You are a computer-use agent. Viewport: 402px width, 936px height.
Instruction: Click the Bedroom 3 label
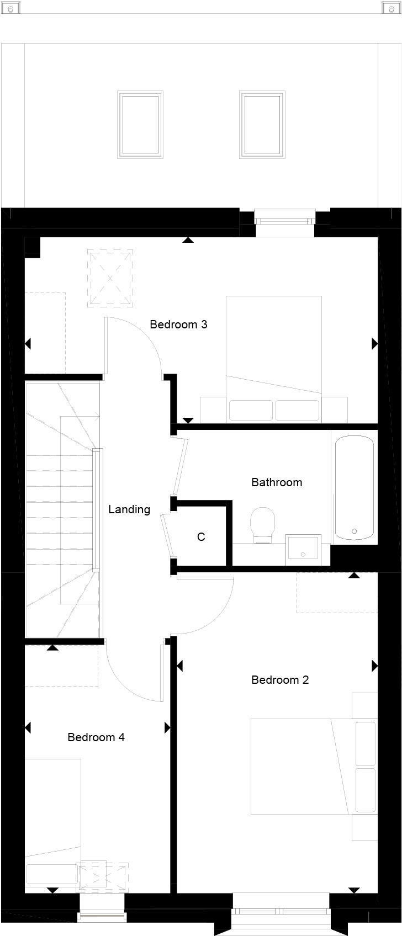coord(178,325)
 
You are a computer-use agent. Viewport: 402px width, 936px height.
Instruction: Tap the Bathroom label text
coord(277,482)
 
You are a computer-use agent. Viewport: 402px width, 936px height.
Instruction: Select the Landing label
coord(129,509)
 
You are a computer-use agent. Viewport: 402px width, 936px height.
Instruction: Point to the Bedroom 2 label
coord(280,680)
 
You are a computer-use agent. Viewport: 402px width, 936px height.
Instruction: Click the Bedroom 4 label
coord(96,737)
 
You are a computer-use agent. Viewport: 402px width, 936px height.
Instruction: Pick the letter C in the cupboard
coord(201,537)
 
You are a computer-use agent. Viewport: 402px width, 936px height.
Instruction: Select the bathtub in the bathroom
coord(354,487)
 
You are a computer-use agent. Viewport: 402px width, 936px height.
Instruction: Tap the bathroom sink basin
coord(303,549)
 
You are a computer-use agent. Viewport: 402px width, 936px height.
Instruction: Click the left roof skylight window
coord(140,125)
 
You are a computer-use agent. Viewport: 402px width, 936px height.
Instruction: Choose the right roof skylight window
coord(262,125)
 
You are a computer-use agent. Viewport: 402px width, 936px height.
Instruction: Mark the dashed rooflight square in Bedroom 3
coord(110,278)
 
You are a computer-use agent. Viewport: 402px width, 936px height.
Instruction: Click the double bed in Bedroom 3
coord(274,359)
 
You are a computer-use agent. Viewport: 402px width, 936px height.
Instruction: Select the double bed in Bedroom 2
coord(314,766)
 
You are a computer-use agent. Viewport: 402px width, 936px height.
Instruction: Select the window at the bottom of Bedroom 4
coord(102,916)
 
